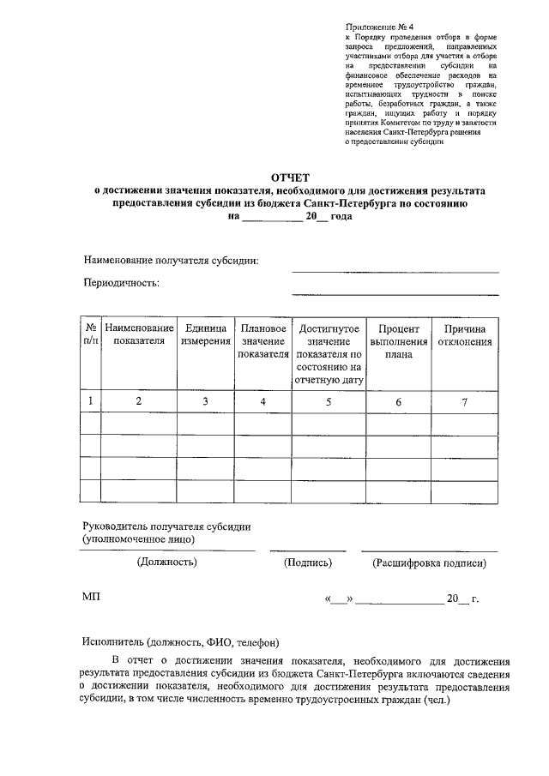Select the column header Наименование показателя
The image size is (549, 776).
[139, 334]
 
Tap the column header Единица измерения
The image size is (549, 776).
[206, 334]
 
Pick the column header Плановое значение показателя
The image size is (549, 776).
[263, 340]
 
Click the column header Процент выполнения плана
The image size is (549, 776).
[398, 340]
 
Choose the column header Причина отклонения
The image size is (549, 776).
[466, 334]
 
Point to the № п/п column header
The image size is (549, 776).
[90, 334]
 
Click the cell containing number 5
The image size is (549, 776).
[329, 401]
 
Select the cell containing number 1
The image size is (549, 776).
[90, 401]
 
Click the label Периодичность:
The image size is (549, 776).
[122, 282]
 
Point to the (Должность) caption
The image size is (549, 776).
[167, 563]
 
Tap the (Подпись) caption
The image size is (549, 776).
[307, 563]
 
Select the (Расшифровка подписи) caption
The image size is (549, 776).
[429, 563]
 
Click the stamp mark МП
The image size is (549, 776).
[91, 597]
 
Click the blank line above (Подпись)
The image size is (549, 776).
[307, 550]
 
